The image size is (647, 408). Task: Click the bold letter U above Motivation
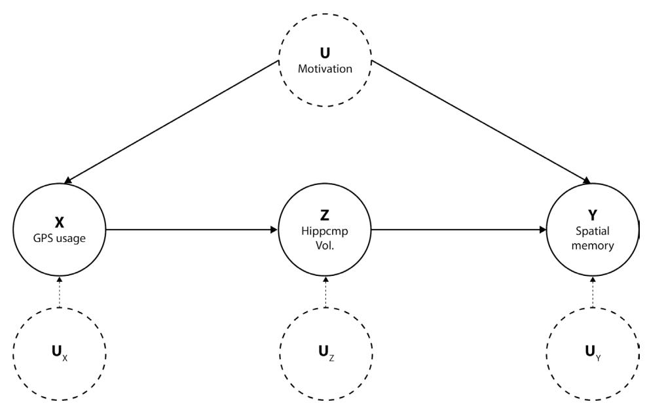click(x=325, y=54)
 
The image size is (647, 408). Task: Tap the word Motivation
click(x=325, y=68)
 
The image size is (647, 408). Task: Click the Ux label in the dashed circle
click(x=60, y=358)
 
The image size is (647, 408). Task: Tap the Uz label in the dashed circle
click(x=325, y=358)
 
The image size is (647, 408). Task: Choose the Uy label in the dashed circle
click(x=592, y=358)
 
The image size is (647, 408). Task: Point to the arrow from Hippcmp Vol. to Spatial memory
click(x=458, y=229)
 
